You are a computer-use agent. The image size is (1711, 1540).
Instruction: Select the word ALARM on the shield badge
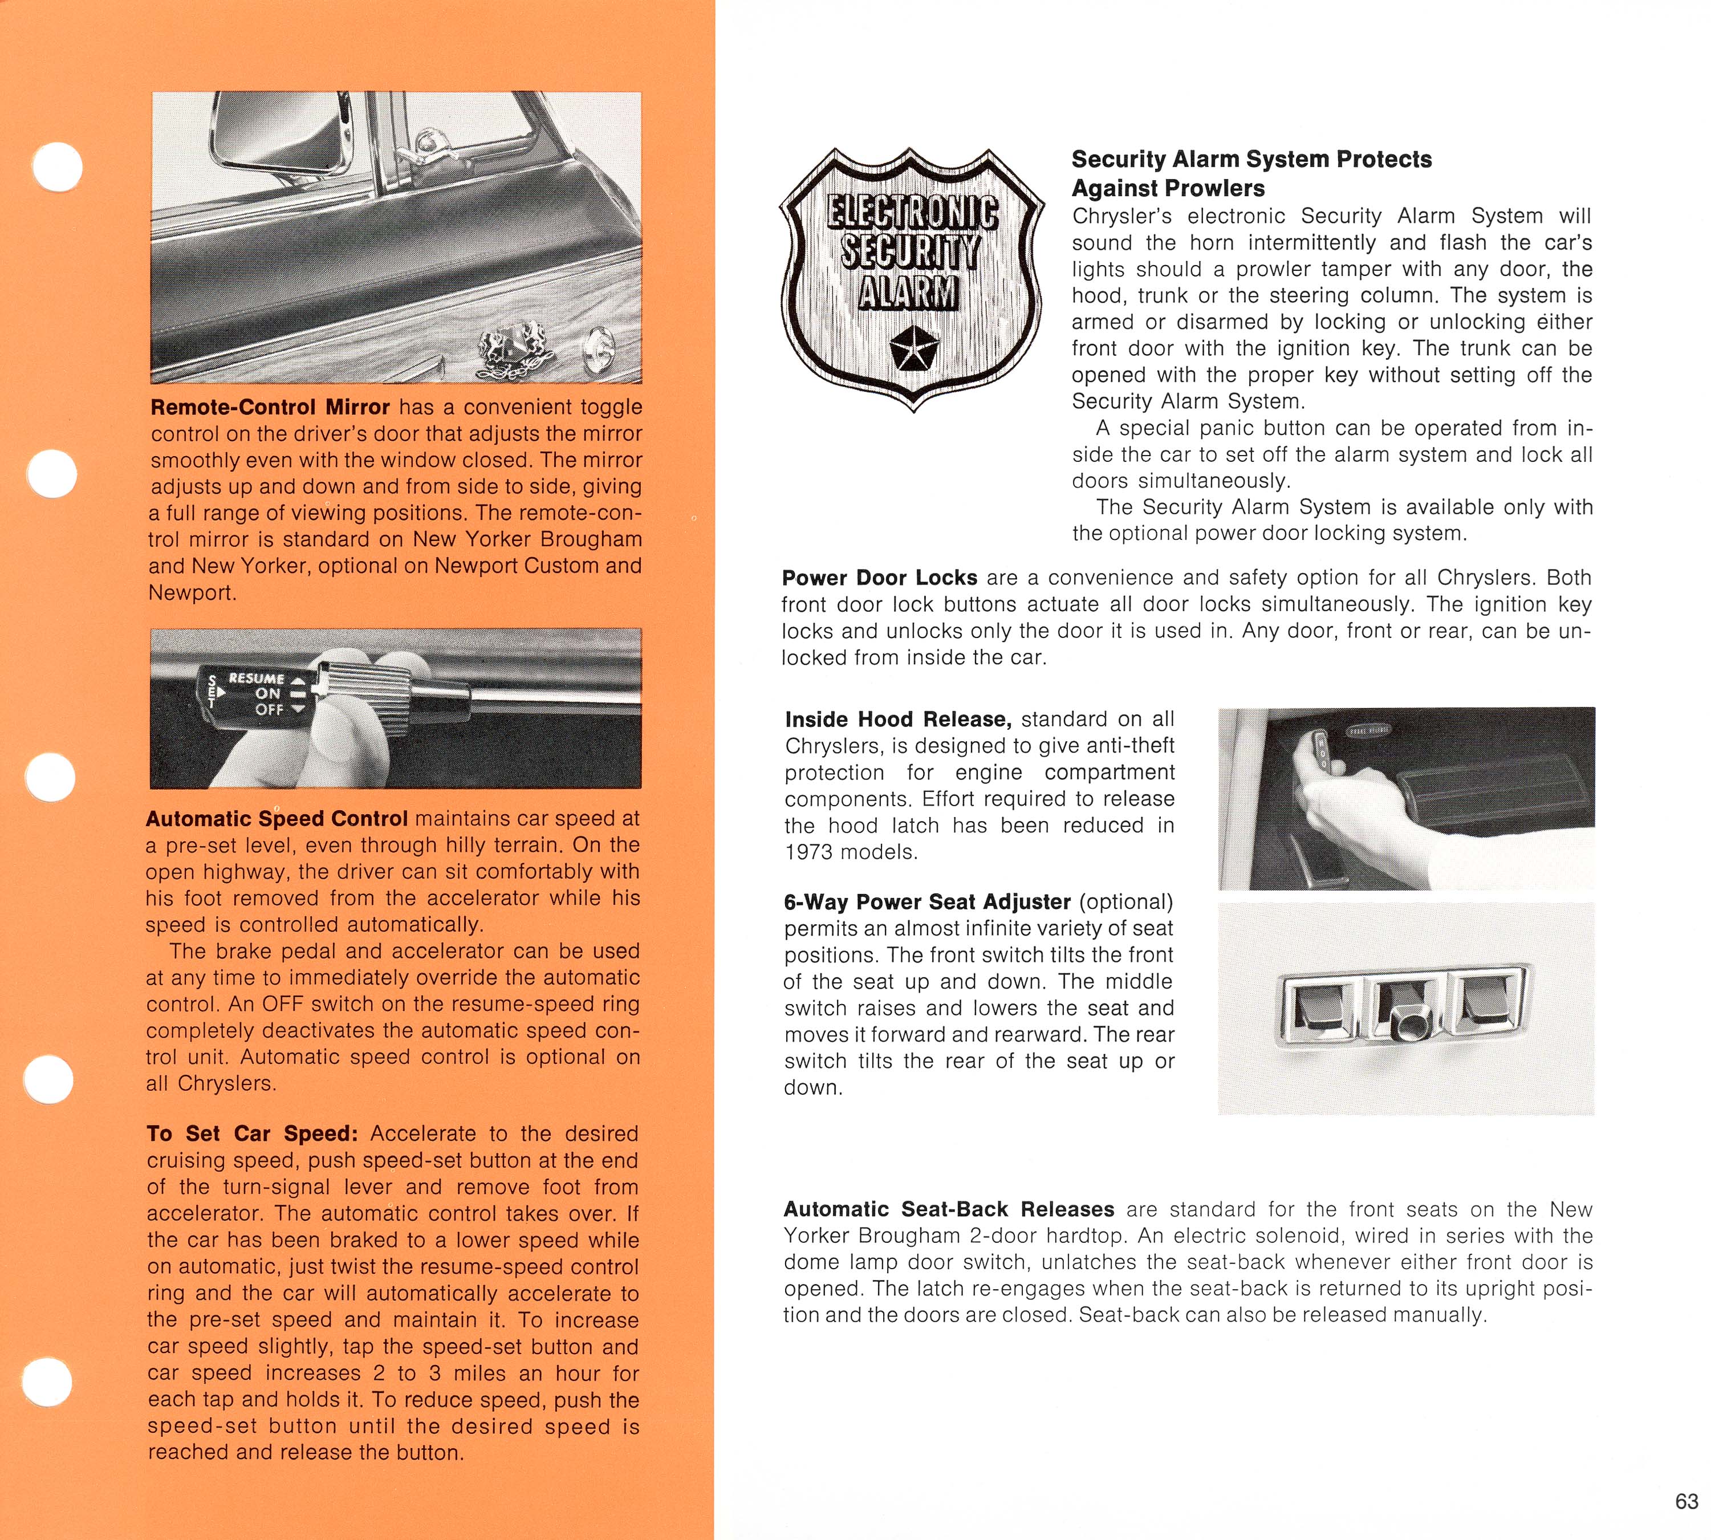pos(909,292)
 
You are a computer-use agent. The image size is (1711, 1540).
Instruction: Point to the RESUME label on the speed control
pos(257,678)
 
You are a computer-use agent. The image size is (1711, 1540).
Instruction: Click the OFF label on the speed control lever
pos(269,709)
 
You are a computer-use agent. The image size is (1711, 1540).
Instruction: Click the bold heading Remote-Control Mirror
pos(270,407)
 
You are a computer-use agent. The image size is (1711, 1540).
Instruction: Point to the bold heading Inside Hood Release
pos(898,719)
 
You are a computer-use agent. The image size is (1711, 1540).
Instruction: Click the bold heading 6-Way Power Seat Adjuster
pos(926,902)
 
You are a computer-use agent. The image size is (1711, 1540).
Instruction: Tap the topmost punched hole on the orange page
pos(58,166)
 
